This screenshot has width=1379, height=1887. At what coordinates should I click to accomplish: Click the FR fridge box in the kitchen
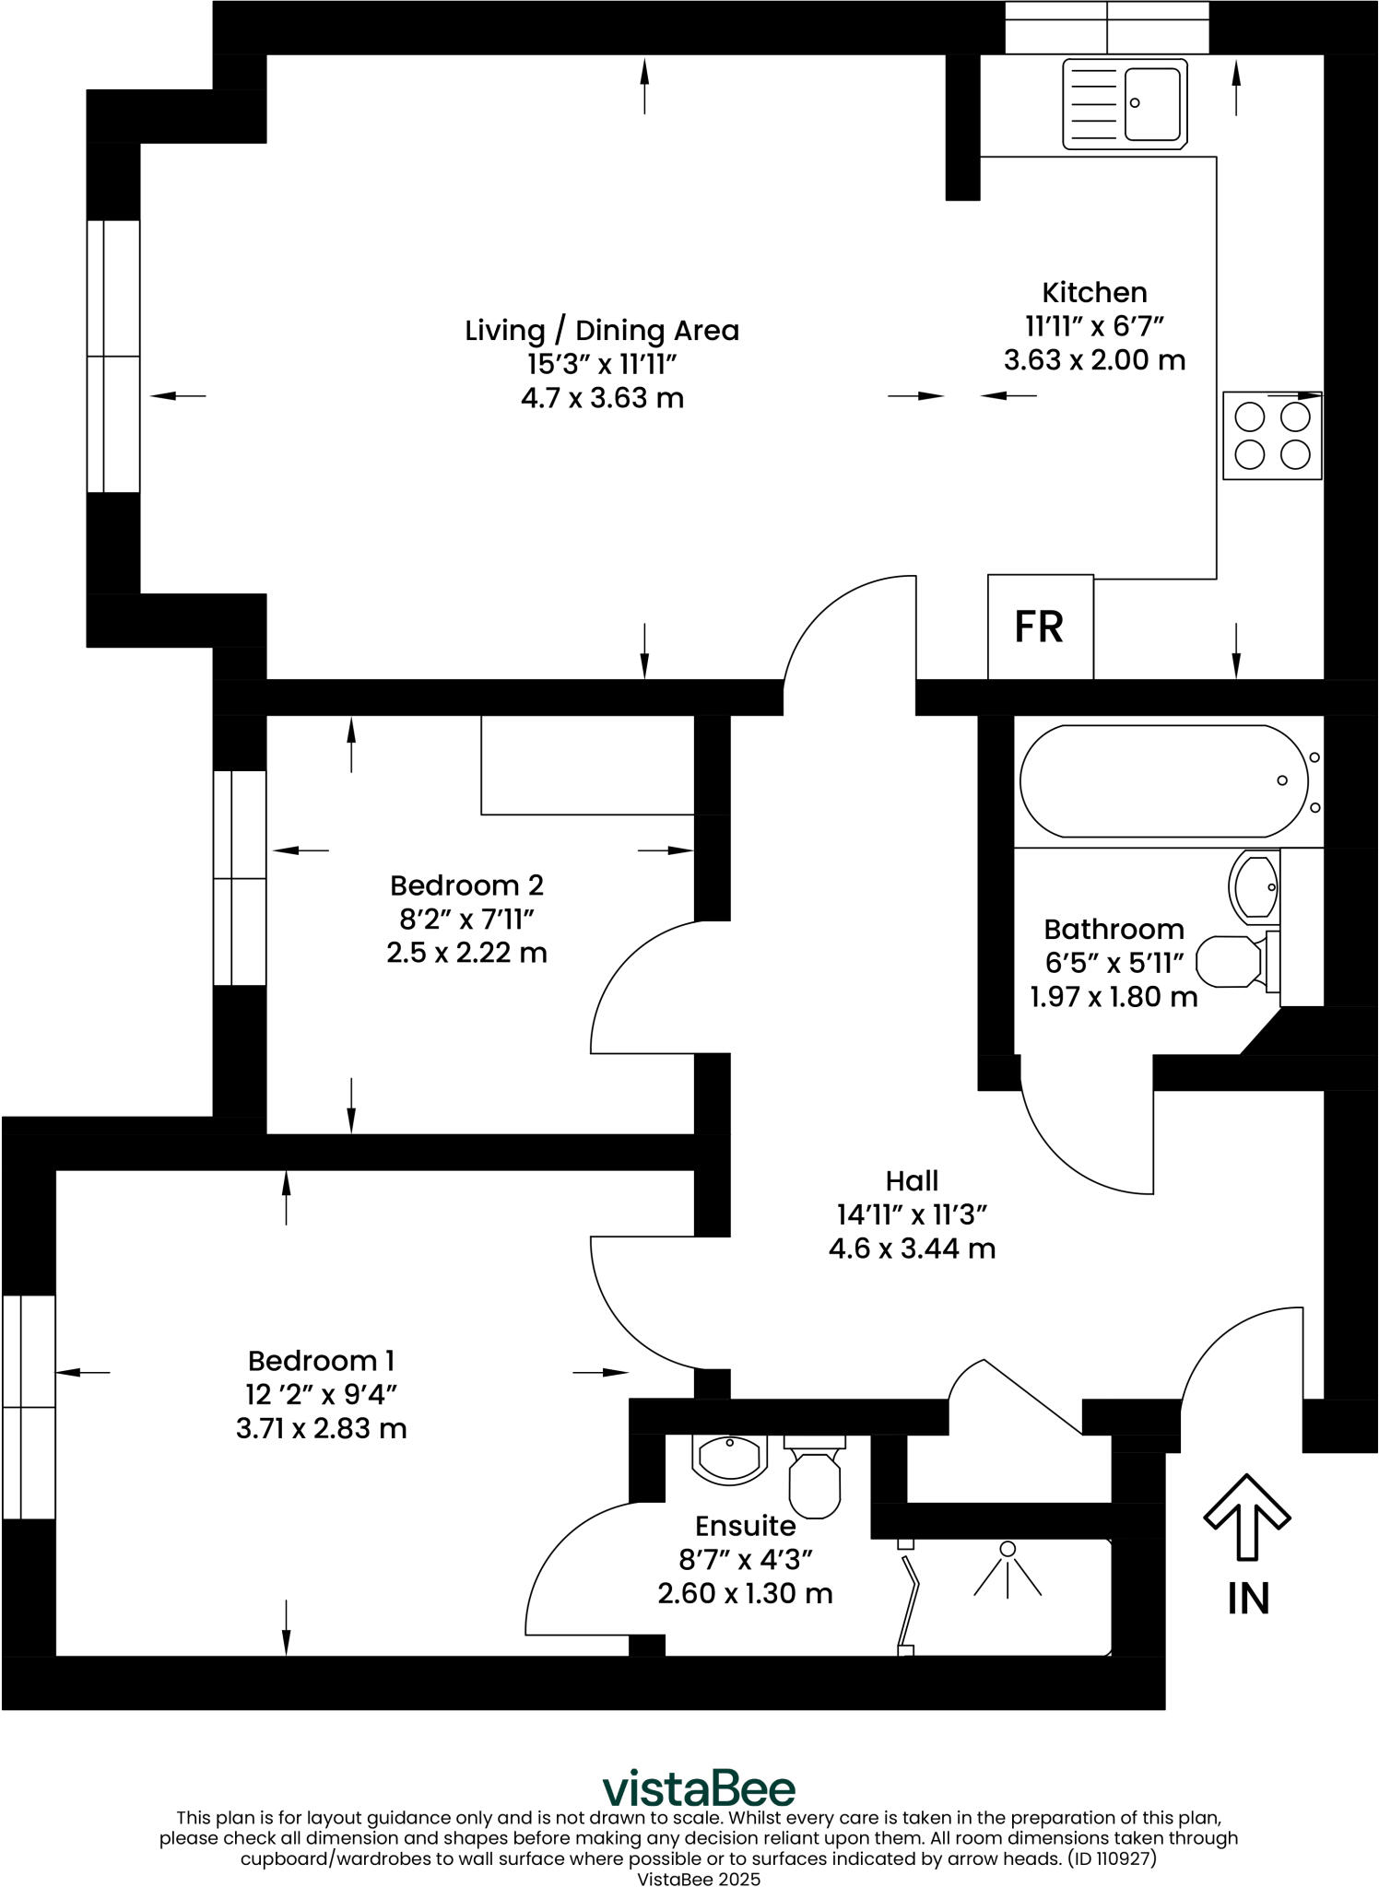pos(1040,627)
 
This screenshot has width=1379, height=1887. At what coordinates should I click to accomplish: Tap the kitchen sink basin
pos(1151,102)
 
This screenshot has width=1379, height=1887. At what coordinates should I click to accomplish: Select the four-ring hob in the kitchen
pos(1272,436)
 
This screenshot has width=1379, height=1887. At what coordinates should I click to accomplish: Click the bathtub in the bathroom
pos(1163,781)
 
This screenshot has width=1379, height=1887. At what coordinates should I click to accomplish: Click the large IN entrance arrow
pos(1246,1518)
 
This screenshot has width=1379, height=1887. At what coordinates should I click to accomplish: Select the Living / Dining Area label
pos(602,331)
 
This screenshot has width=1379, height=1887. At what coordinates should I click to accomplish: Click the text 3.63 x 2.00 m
pos(1094,360)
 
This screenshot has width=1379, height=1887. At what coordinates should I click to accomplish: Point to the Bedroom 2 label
pos(466,885)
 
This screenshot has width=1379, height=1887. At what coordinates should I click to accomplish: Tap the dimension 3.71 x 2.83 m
pos(321,1429)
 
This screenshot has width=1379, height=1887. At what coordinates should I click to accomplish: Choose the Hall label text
pos(912,1181)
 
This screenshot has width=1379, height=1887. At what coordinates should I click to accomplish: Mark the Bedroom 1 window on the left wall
pos(28,1407)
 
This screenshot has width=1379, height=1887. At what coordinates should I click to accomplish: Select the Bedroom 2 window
pos(239,878)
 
